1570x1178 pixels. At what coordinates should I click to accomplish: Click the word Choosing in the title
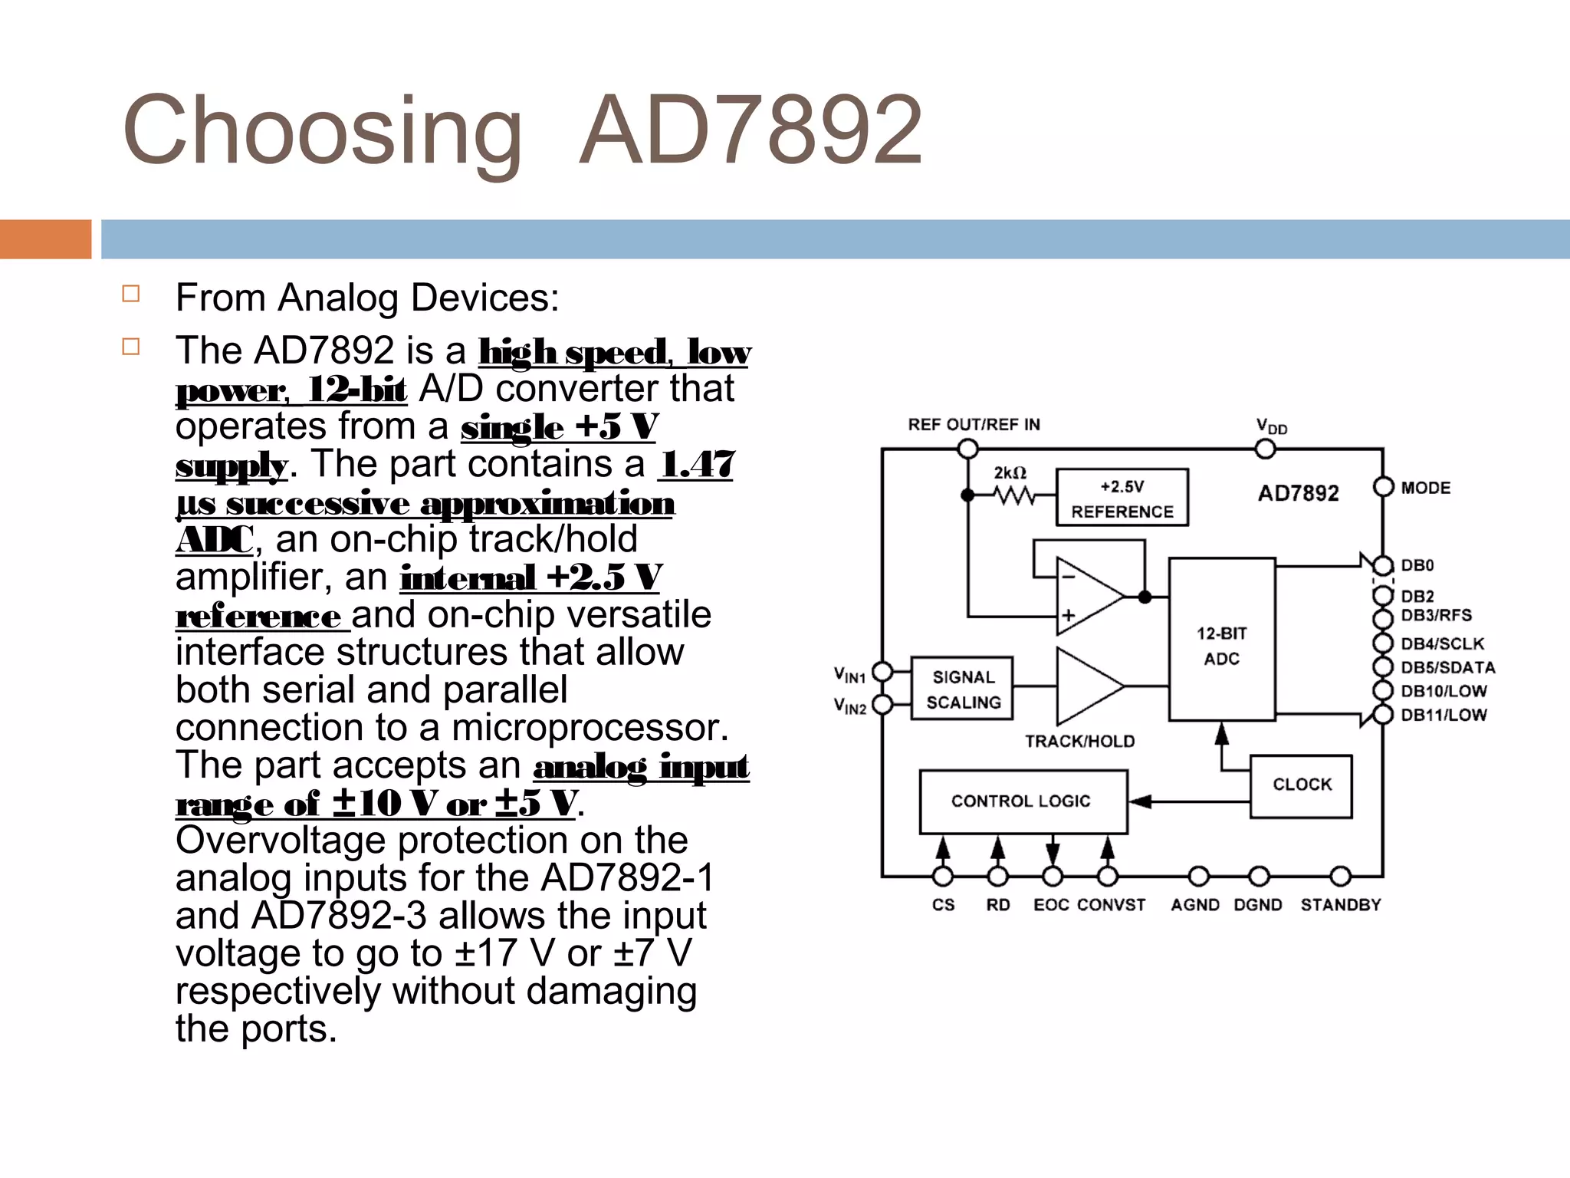[322, 130]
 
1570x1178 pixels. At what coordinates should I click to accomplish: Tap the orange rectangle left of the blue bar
[45, 239]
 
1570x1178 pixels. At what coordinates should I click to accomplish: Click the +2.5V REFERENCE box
[1122, 498]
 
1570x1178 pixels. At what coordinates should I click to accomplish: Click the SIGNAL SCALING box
[962, 689]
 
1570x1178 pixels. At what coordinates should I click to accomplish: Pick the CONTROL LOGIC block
[1023, 801]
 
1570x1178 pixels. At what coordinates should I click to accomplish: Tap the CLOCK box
[1301, 785]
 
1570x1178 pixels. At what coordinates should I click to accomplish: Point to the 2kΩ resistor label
[1010, 473]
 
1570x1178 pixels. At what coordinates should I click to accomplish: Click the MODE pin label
[1425, 489]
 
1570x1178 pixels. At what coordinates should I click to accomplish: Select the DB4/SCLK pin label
[1442, 644]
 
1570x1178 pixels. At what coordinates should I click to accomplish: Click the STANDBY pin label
[1340, 906]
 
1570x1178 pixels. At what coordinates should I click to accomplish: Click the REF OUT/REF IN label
[974, 425]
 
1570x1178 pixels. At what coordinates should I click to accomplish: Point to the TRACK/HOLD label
[1079, 742]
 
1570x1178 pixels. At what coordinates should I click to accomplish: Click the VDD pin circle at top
[1265, 449]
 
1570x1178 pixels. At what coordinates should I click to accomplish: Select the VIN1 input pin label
[849, 675]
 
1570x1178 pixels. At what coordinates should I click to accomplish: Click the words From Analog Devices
[367, 298]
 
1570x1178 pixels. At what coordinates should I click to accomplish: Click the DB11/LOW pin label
[1444, 716]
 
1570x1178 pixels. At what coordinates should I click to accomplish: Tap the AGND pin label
[1194, 906]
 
